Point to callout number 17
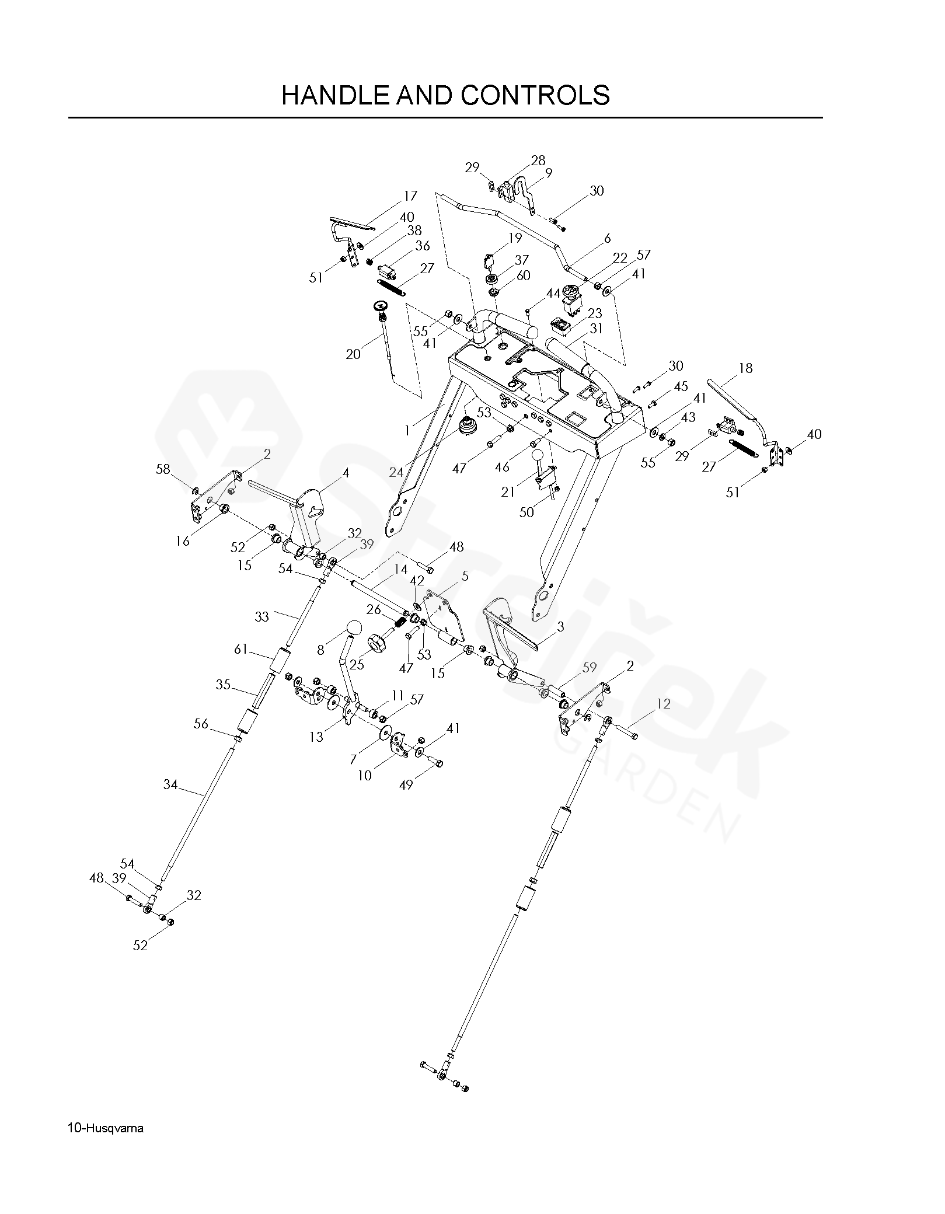tap(410, 197)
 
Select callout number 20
tap(353, 354)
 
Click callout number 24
tap(396, 472)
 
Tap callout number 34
tap(170, 785)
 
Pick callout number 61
tap(241, 649)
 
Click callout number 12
tap(664, 704)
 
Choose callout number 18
tap(745, 368)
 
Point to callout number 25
tap(356, 664)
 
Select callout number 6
tap(607, 238)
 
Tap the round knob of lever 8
tap(354, 629)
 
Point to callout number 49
tap(406, 785)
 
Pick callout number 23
tap(595, 313)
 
